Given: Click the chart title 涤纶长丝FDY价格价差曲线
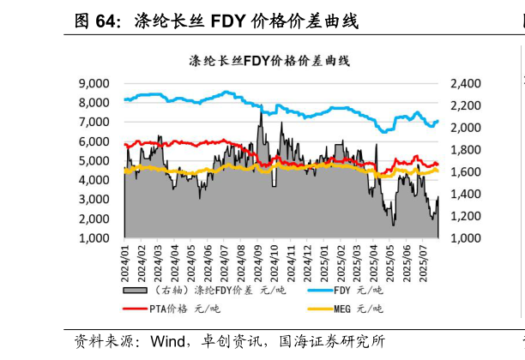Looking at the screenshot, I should point(269,61).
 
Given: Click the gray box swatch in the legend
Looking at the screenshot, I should point(136,290).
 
